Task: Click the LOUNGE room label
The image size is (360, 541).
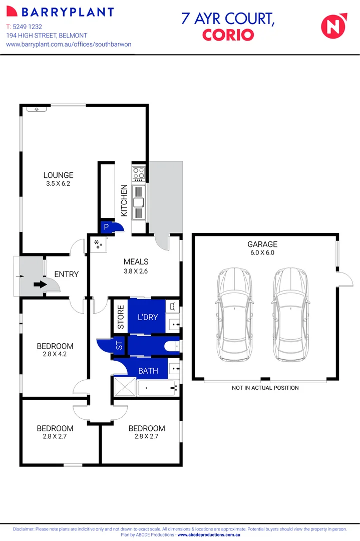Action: (58, 175)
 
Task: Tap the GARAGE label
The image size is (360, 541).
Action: (262, 244)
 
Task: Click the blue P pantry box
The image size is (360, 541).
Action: (106, 227)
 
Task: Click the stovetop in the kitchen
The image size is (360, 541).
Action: (138, 174)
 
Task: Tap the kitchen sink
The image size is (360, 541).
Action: (138, 203)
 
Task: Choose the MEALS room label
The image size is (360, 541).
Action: (136, 262)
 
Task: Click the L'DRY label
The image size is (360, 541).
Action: (147, 317)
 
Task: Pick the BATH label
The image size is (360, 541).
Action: (148, 371)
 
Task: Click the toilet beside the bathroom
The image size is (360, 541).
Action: (169, 346)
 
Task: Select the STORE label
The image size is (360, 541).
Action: (120, 317)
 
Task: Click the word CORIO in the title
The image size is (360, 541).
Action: (228, 35)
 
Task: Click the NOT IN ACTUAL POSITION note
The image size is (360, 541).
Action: (265, 388)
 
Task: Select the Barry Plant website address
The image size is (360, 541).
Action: (69, 44)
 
